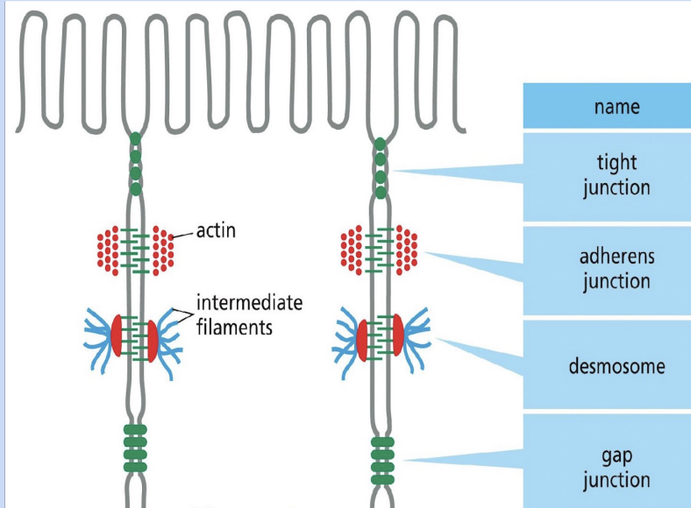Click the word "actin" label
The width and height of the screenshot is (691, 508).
click(216, 231)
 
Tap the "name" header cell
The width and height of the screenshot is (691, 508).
click(616, 107)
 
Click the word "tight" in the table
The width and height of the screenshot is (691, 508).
click(616, 163)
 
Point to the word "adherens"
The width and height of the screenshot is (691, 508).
click(616, 258)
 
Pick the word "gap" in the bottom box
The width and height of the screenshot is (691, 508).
click(616, 455)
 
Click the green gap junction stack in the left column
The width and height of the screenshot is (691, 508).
click(135, 448)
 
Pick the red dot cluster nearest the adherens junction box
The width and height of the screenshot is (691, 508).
click(407, 249)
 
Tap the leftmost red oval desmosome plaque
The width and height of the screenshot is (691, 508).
click(117, 335)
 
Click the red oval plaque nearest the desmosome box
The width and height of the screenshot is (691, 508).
click(397, 336)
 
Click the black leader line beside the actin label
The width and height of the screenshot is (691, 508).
click(182, 235)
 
